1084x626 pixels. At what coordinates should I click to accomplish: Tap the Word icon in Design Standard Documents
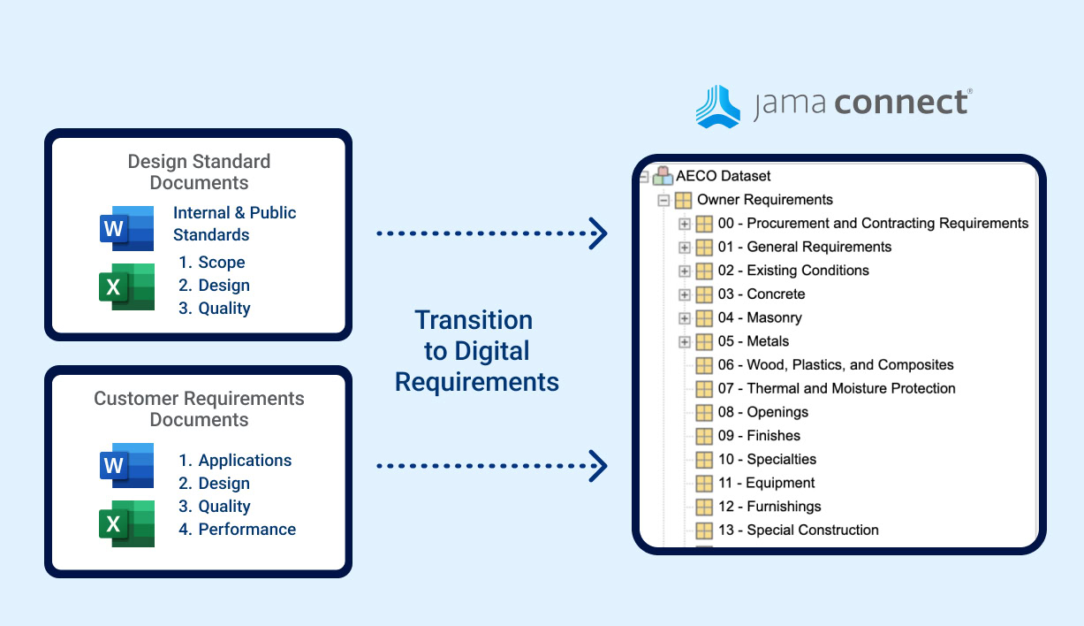pyautogui.click(x=126, y=229)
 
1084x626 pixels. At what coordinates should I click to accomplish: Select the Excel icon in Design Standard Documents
pyautogui.click(x=126, y=286)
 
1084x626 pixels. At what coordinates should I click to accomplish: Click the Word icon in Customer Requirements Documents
pyautogui.click(x=126, y=465)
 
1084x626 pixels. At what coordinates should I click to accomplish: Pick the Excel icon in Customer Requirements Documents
pyautogui.click(x=126, y=523)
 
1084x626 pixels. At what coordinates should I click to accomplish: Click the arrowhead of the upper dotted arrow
pyautogui.click(x=598, y=233)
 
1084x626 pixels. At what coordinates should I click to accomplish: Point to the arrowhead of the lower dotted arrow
pyautogui.click(x=598, y=465)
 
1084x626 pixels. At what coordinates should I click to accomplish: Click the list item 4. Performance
pyautogui.click(x=237, y=530)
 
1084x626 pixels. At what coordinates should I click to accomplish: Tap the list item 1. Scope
pyautogui.click(x=212, y=263)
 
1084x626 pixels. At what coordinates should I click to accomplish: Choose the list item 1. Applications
pyautogui.click(x=235, y=461)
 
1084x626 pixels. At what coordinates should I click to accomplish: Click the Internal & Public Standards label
pyautogui.click(x=234, y=224)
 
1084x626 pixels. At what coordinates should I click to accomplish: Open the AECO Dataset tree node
pyautogui.click(x=723, y=176)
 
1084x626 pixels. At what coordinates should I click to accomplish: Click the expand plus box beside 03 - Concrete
pyautogui.click(x=684, y=294)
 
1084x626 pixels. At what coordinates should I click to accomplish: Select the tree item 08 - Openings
pyautogui.click(x=762, y=412)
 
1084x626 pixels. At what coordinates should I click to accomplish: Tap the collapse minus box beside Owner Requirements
pyautogui.click(x=663, y=200)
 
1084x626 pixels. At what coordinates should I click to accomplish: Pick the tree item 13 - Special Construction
pyautogui.click(x=798, y=530)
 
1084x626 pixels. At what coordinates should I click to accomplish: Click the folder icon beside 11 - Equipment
pyautogui.click(x=703, y=483)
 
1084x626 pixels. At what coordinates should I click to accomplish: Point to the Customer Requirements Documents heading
pyautogui.click(x=199, y=408)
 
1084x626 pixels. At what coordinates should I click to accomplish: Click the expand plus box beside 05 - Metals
pyautogui.click(x=684, y=341)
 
